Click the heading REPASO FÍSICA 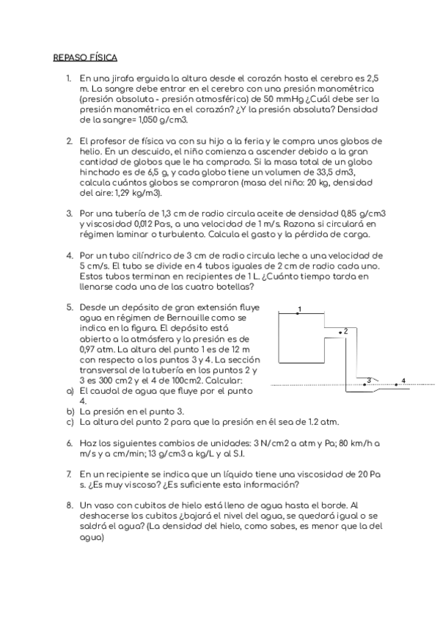85,56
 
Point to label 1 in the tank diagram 298,309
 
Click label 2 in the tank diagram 345,332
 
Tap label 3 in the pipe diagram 368,379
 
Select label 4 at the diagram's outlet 403,380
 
